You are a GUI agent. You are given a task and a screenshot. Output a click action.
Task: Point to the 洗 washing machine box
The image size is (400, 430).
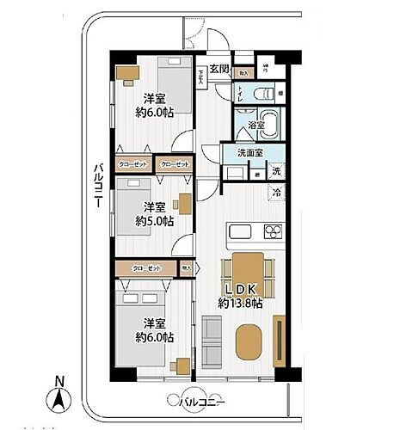tap(276, 171)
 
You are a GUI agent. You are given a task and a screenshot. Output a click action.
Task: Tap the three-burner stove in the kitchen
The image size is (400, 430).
tap(273, 230)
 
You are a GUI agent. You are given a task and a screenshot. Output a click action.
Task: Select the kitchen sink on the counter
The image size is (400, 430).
tap(240, 232)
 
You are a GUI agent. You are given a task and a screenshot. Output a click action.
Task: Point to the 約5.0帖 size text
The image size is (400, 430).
tap(154, 220)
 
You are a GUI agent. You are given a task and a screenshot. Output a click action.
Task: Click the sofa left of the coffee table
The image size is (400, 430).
tap(211, 338)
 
